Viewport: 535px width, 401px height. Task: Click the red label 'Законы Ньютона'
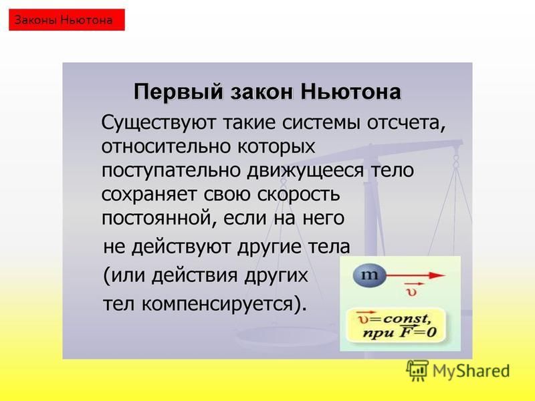66,20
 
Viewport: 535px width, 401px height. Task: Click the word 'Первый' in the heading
178,92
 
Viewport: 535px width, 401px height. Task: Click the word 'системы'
321,124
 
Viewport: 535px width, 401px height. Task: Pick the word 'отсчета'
407,124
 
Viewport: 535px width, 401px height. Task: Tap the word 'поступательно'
172,170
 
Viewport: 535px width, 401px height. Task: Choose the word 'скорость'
298,194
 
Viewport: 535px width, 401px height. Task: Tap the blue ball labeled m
370,275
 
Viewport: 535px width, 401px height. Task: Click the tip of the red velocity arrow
445,275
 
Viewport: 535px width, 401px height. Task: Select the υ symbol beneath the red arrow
412,291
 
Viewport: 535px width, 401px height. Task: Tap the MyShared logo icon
417,370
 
